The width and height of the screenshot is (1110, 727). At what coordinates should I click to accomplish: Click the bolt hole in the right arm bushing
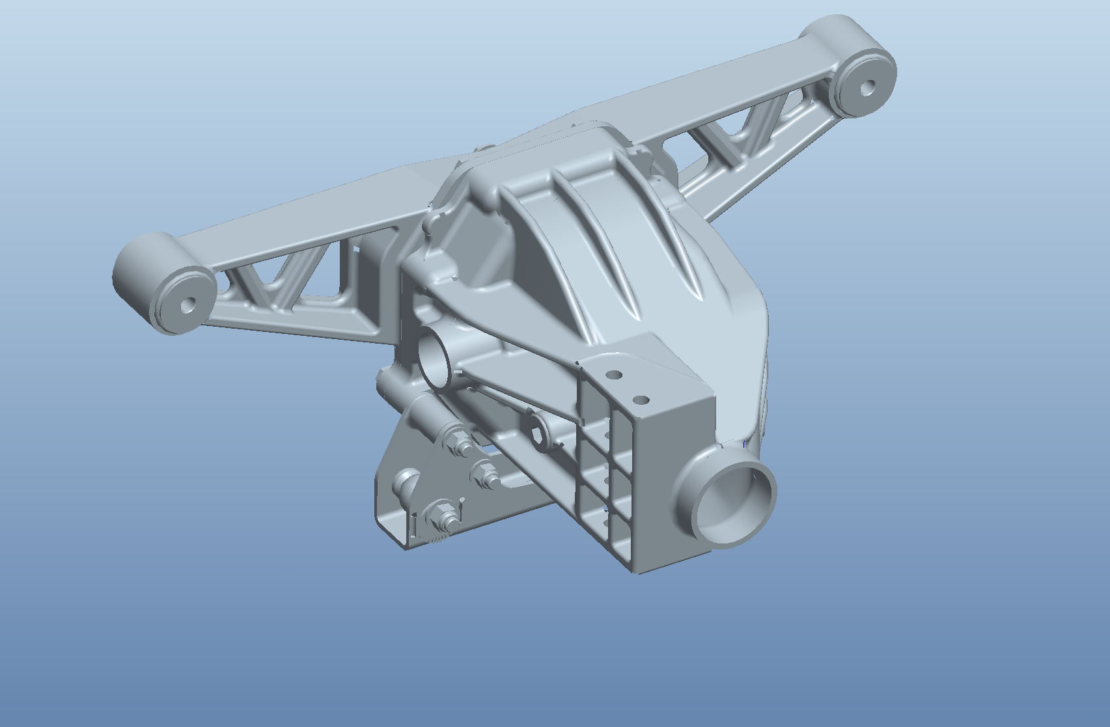coord(867,87)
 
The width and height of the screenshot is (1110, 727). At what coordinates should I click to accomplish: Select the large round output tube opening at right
coord(736,502)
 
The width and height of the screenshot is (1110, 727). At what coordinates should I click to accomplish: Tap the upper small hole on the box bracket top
coord(614,375)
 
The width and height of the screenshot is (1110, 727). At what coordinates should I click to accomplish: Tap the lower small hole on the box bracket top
coord(641,400)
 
